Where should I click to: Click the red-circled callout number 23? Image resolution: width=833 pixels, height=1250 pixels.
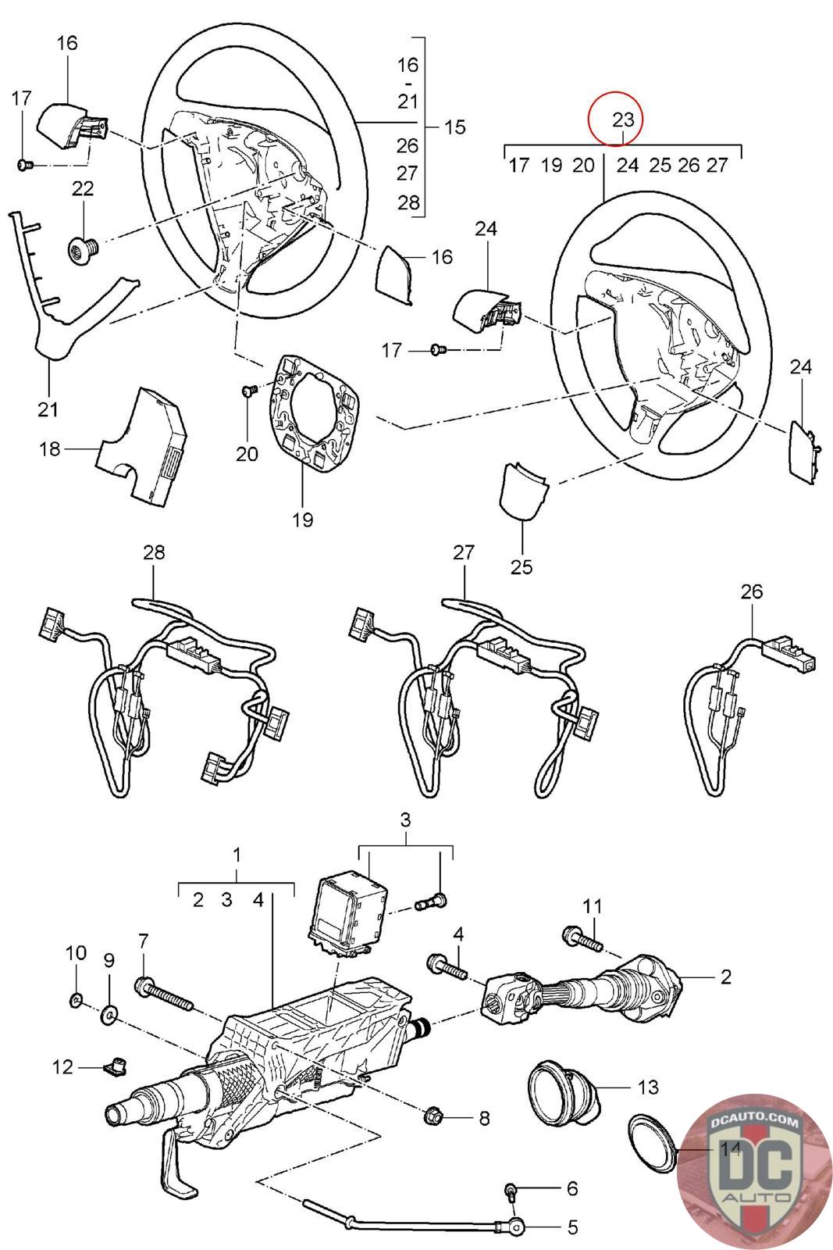(623, 120)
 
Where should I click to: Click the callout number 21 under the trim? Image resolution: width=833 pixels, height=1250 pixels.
(49, 409)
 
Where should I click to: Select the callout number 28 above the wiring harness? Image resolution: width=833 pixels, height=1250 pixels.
(155, 552)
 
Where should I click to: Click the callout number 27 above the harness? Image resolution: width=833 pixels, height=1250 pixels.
(464, 552)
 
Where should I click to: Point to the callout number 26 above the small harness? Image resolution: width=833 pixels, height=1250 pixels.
(751, 591)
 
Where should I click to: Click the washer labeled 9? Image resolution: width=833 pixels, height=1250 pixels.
(109, 1016)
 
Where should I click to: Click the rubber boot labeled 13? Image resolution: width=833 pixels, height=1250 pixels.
(564, 1089)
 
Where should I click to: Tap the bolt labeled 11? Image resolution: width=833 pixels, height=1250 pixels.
(582, 938)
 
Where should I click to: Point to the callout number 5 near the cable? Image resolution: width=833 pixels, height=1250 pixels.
(572, 1227)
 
